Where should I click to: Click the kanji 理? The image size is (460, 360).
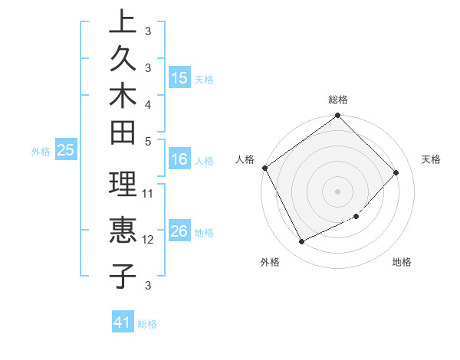[123, 184]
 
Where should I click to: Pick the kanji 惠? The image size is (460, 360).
[123, 230]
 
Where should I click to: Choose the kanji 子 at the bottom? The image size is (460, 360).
[123, 276]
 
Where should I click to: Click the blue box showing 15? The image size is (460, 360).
[179, 78]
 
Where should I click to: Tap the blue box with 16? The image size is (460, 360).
[179, 160]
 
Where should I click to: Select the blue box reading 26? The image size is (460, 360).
[179, 232]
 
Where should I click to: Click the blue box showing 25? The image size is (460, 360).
[65, 151]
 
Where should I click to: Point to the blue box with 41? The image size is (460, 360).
[123, 323]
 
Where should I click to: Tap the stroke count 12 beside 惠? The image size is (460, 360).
[149, 240]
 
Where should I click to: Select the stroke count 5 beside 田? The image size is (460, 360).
[148, 140]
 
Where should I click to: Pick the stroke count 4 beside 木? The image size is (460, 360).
[148, 103]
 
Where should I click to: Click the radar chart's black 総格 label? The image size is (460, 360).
[338, 100]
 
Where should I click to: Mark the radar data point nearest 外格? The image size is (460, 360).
[301, 242]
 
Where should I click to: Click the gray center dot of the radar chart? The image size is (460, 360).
[337, 191]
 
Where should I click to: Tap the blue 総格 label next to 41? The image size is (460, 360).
[147, 324]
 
